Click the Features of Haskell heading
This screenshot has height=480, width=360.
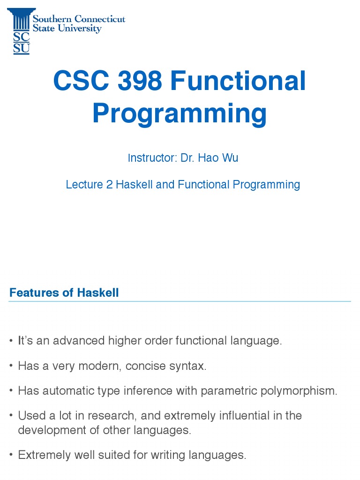click(64, 293)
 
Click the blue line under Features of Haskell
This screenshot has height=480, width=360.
click(180, 301)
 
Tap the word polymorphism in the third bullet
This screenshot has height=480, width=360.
click(301, 391)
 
